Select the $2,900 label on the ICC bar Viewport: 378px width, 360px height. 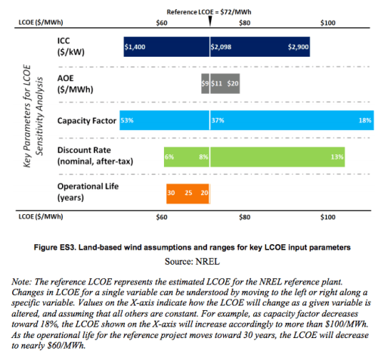[298, 47]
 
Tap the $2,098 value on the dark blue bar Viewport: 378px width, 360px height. [222, 47]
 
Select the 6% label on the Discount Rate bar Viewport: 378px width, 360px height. [169, 157]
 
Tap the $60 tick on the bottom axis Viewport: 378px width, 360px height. [160, 216]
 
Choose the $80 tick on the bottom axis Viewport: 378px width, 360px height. [243, 216]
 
